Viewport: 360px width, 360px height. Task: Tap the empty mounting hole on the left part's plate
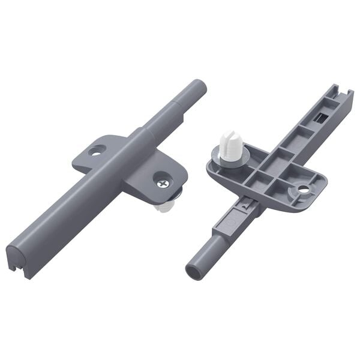point(95,149)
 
